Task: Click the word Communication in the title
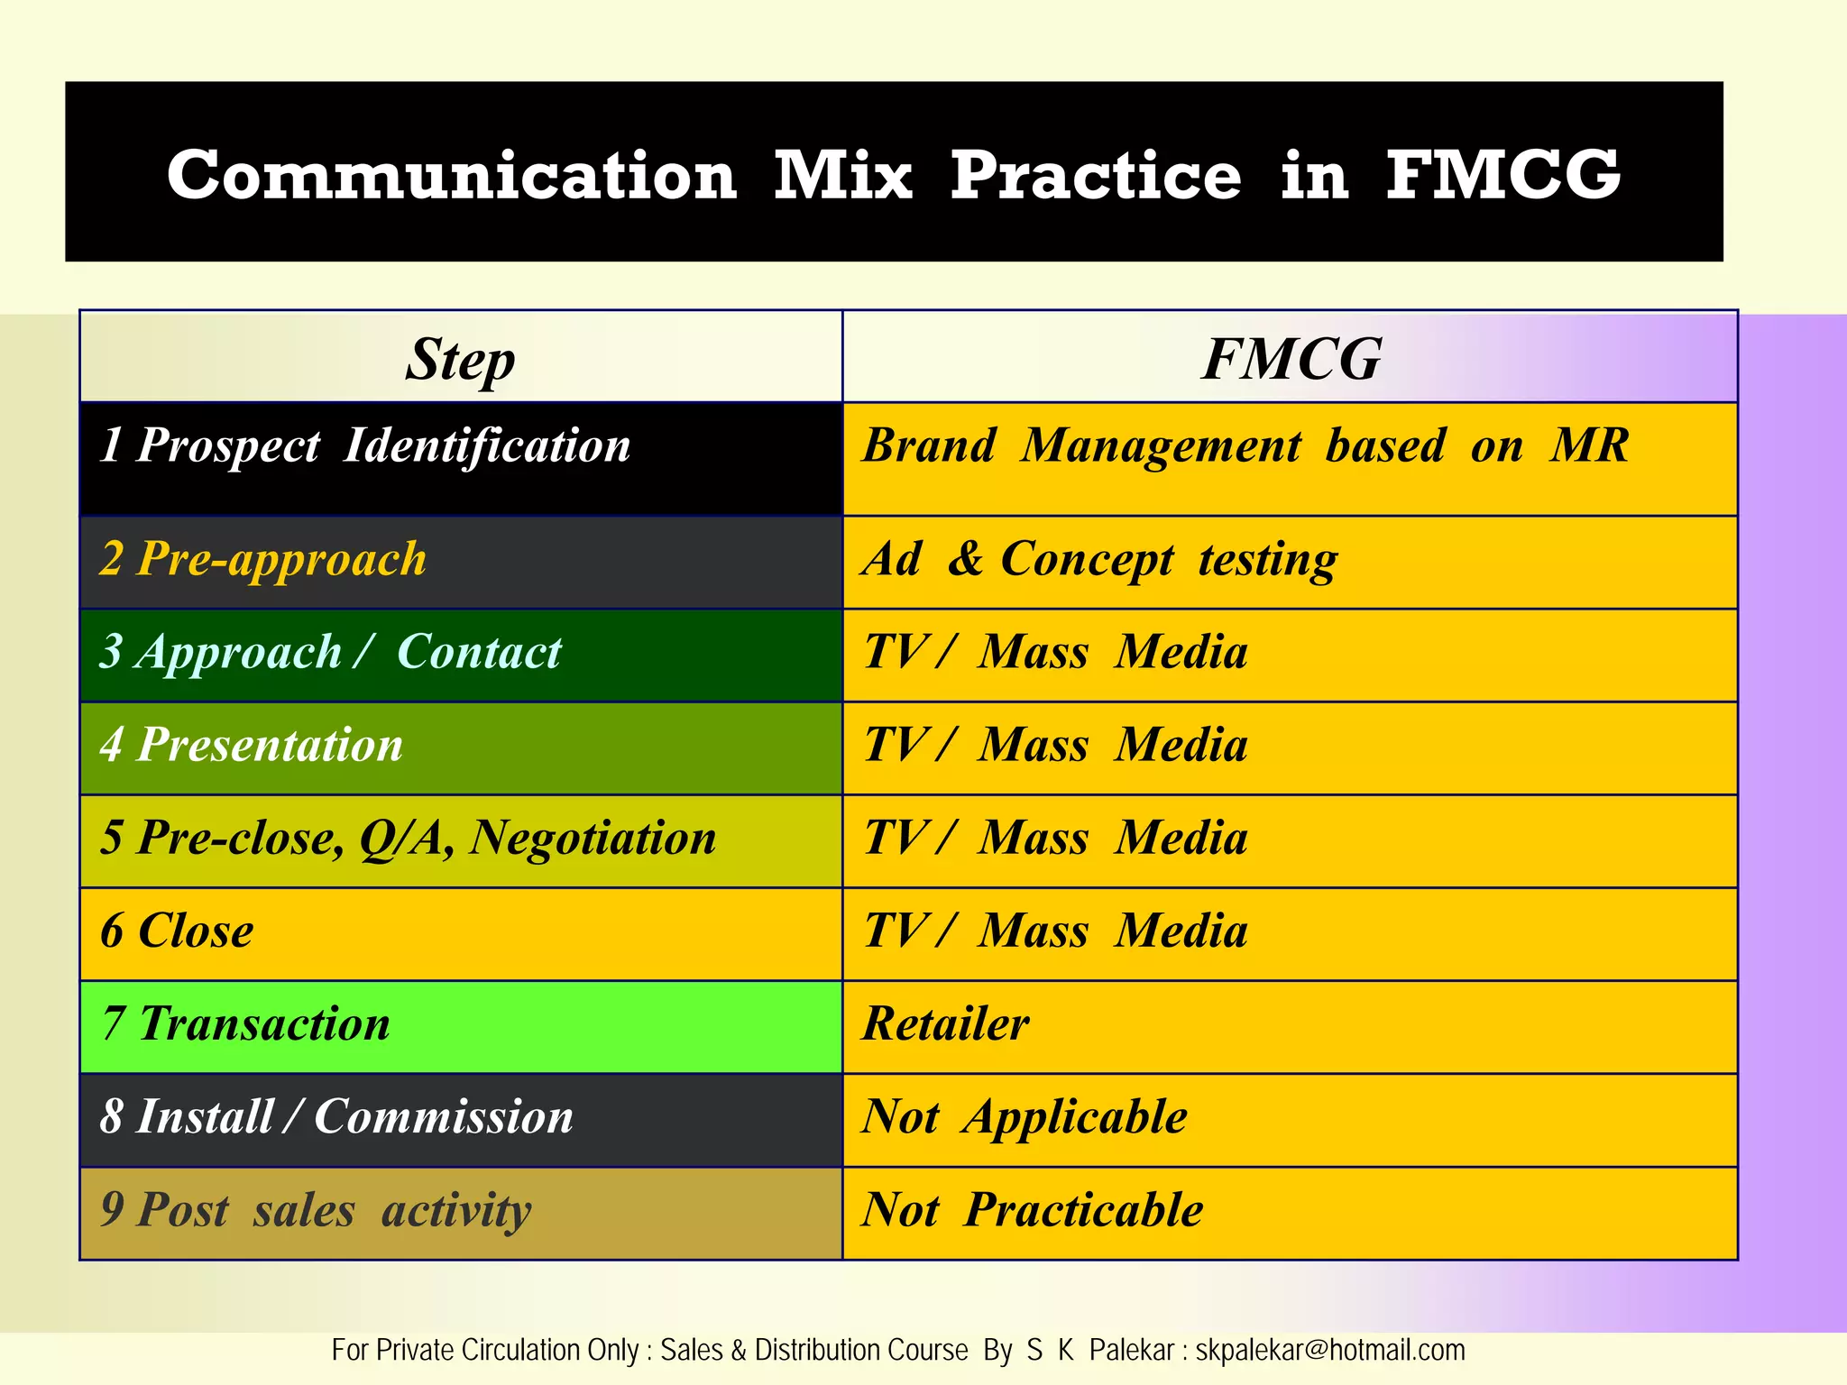tap(452, 175)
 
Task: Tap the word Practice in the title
tap(1096, 175)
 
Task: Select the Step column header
tap(460, 359)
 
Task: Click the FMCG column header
tap(1290, 359)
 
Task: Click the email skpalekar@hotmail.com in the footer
tap(1329, 1351)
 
